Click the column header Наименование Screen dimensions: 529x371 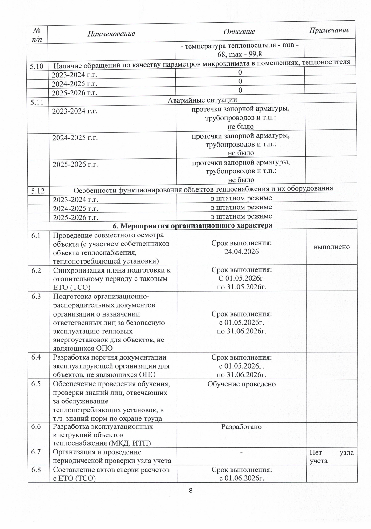pyautogui.click(x=111, y=34)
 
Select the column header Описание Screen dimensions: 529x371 pyautogui.click(x=239, y=31)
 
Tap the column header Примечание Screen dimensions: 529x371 pyautogui.click(x=329, y=30)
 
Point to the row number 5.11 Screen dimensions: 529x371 pyautogui.click(x=37, y=102)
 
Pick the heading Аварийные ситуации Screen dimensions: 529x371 pyautogui.click(x=202, y=100)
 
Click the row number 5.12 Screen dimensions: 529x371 pyautogui.click(x=38, y=191)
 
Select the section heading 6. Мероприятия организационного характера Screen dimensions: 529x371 pyautogui.click(x=192, y=225)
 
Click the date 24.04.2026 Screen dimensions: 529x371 pyautogui.click(x=241, y=252)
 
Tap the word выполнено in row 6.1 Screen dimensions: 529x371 pyautogui.click(x=332, y=247)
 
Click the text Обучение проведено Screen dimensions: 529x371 pyautogui.click(x=241, y=384)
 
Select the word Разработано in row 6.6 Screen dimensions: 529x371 pyautogui.click(x=241, y=427)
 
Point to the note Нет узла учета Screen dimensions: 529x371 pyautogui.click(x=332, y=456)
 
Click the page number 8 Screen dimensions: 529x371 pyautogui.click(x=191, y=491)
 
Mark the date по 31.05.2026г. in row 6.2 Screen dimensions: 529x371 pyautogui.click(x=241, y=287)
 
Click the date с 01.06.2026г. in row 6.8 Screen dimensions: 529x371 pyautogui.click(x=241, y=478)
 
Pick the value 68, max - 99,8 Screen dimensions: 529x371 pyautogui.click(x=240, y=55)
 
